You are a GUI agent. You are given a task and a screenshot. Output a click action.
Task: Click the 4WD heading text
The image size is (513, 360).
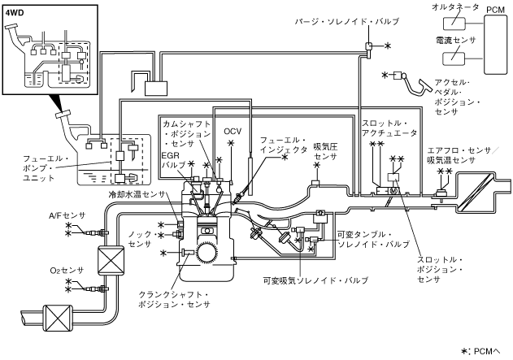[15, 14]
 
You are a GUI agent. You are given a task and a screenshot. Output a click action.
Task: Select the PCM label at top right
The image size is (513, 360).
[494, 8]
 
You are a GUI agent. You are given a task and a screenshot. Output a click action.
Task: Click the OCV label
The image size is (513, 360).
[233, 131]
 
